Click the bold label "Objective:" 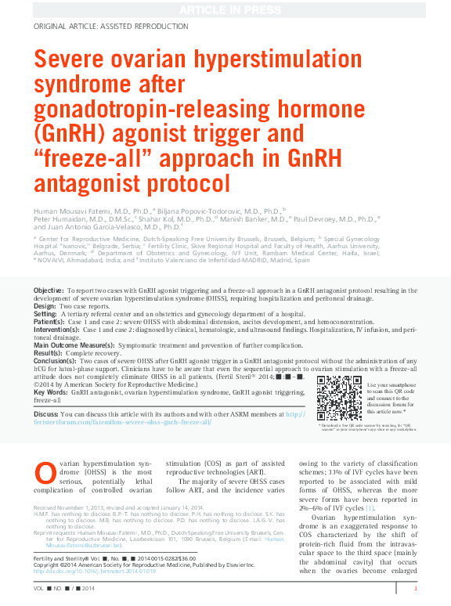click(x=49, y=290)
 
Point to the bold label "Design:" click(x=46, y=305)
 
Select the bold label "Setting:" click(x=46, y=313)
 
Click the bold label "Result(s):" click(x=50, y=352)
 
